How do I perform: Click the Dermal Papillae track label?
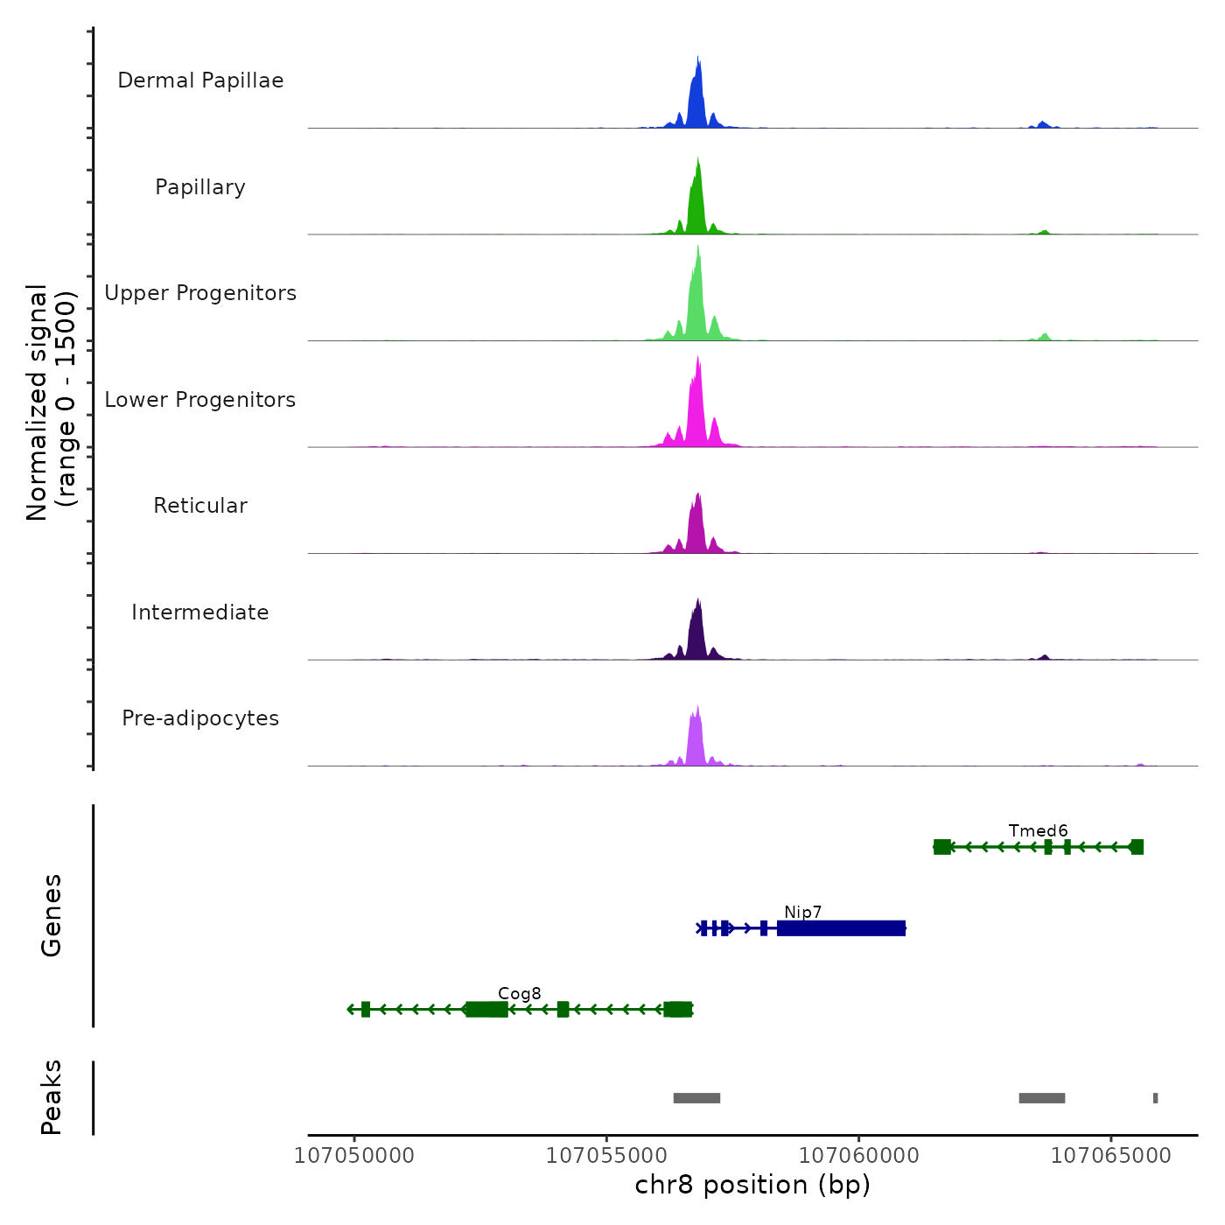[x=200, y=80]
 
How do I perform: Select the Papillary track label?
[x=200, y=187]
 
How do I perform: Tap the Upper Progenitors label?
[x=200, y=293]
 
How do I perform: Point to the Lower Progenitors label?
[x=200, y=400]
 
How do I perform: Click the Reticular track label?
[x=200, y=506]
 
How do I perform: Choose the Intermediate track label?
[x=200, y=612]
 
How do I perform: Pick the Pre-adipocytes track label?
[x=200, y=718]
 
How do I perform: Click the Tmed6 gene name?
[x=1038, y=831]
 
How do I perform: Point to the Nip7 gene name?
[x=802, y=913]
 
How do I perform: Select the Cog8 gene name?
[x=520, y=994]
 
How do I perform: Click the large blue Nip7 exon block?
[x=841, y=928]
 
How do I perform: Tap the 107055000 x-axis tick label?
[x=606, y=1156]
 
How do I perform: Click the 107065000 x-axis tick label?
[x=1110, y=1156]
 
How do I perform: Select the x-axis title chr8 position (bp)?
[x=752, y=1186]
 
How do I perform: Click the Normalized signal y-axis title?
[x=51, y=402]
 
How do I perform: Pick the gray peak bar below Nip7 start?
[x=696, y=1098]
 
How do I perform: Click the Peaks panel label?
[x=52, y=1097]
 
